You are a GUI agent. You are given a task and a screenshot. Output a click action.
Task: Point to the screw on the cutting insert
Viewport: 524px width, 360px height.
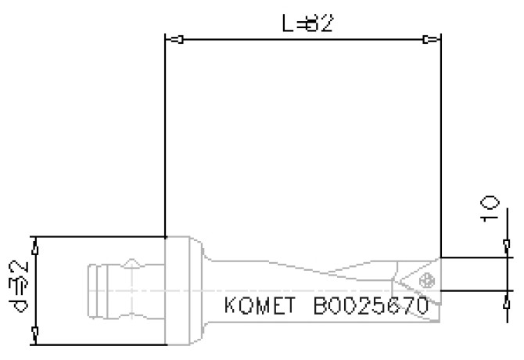(426, 279)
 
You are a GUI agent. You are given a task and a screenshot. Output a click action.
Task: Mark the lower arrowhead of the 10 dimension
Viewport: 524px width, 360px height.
(504, 297)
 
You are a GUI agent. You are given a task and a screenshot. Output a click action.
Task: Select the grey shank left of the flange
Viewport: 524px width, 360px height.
(125, 290)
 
